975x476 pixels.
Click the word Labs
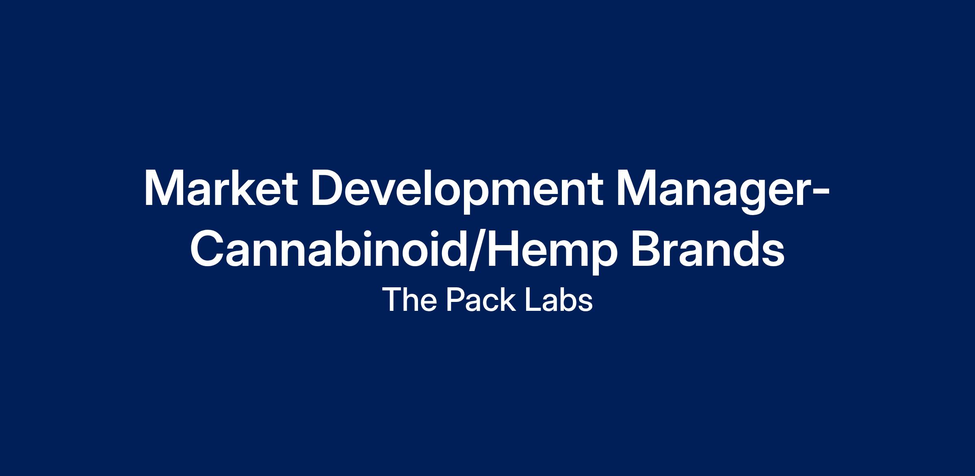[x=559, y=300]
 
